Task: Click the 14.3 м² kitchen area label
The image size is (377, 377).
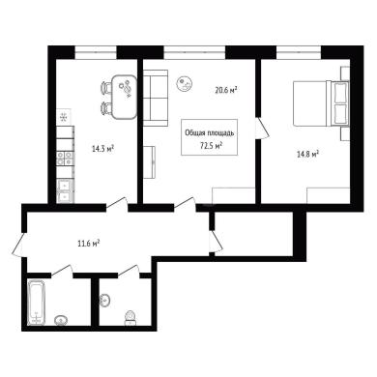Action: point(103,149)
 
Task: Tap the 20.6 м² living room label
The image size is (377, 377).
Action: point(226,90)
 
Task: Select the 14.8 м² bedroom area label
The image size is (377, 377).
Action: point(307,154)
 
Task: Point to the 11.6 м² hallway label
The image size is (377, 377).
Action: point(88,243)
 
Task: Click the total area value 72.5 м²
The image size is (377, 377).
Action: point(212,146)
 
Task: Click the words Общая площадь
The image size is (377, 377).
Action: point(210,132)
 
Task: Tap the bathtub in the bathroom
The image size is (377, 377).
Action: point(37,303)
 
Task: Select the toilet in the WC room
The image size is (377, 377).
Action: point(130,317)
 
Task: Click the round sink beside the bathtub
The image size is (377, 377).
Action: point(61,320)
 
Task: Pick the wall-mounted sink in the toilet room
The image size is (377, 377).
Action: point(104,301)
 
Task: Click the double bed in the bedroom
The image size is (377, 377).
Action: point(321,103)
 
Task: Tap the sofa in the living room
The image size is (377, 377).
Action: point(156,98)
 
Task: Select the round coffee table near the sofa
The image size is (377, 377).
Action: point(185,84)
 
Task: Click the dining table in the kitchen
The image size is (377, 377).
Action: point(124,97)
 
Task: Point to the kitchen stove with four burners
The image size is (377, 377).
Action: point(65,159)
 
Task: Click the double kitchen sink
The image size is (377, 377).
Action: point(65,191)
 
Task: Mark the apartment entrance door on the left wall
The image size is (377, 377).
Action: point(19,244)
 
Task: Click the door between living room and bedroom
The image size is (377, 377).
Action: point(262,128)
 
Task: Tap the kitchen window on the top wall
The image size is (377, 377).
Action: point(96,52)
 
